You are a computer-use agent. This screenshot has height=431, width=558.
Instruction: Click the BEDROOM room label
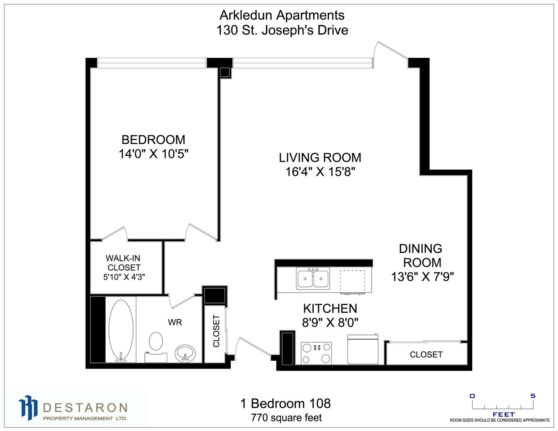153,140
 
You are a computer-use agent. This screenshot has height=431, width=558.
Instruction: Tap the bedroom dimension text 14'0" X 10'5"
153,154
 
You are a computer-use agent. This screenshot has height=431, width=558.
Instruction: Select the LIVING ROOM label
320,158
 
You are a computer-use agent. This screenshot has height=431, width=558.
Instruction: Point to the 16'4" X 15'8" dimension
320,172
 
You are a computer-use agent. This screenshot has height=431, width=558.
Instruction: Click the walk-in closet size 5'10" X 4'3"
124,277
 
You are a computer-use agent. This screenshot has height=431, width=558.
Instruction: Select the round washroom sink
185,354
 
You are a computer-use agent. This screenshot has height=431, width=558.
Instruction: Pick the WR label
175,322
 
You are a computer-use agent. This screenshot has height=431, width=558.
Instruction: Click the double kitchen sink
313,278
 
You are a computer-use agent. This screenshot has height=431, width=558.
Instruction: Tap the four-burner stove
316,353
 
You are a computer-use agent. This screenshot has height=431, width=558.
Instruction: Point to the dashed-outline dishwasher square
352,282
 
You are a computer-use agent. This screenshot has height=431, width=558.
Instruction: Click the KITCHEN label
330,309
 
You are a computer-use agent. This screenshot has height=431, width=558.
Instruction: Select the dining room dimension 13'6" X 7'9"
423,277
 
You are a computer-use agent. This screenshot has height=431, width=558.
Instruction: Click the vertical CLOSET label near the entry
216,331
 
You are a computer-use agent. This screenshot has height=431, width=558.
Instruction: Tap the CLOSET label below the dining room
426,355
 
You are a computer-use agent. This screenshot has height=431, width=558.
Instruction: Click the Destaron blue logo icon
28,408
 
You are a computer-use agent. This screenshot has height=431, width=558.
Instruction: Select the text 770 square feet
286,418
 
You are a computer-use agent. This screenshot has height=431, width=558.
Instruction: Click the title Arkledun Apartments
282,15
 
